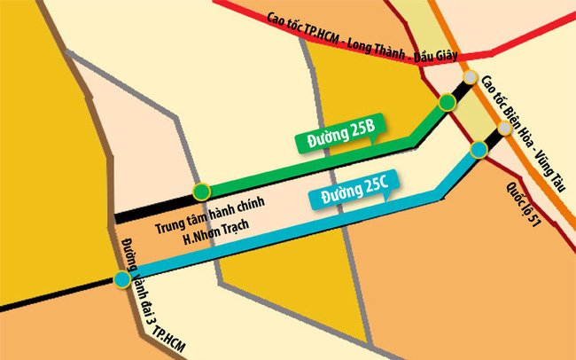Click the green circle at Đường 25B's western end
pyautogui.click(x=202, y=190)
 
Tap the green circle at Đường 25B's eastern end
pyautogui.click(x=448, y=103)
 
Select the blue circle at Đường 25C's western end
pyautogui.click(x=121, y=280)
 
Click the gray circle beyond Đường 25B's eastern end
pyautogui.click(x=471, y=77)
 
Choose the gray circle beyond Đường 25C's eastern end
pyautogui.click(x=503, y=129)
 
